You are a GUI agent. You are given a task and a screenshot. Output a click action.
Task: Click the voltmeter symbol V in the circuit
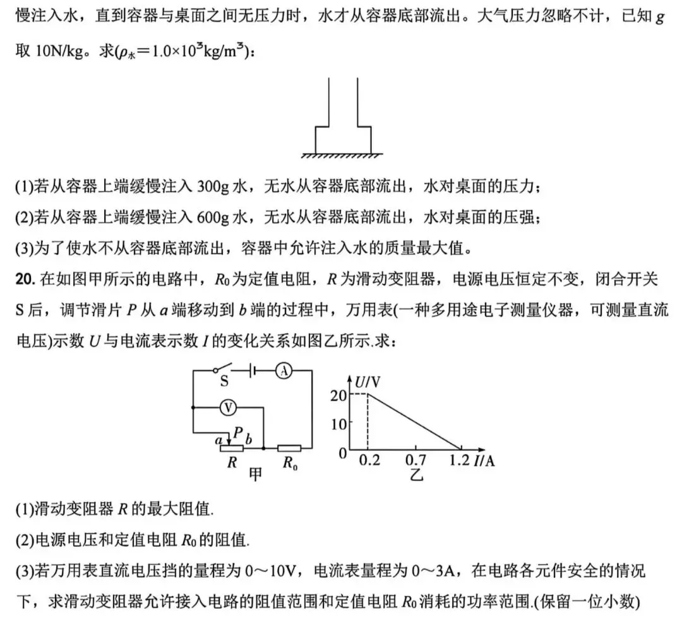tap(229, 408)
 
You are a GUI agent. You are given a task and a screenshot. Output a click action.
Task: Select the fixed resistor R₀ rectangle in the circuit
tap(289, 448)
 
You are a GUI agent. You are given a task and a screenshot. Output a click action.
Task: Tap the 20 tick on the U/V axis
tap(338, 395)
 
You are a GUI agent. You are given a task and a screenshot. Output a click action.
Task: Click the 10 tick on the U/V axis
tap(338, 424)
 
